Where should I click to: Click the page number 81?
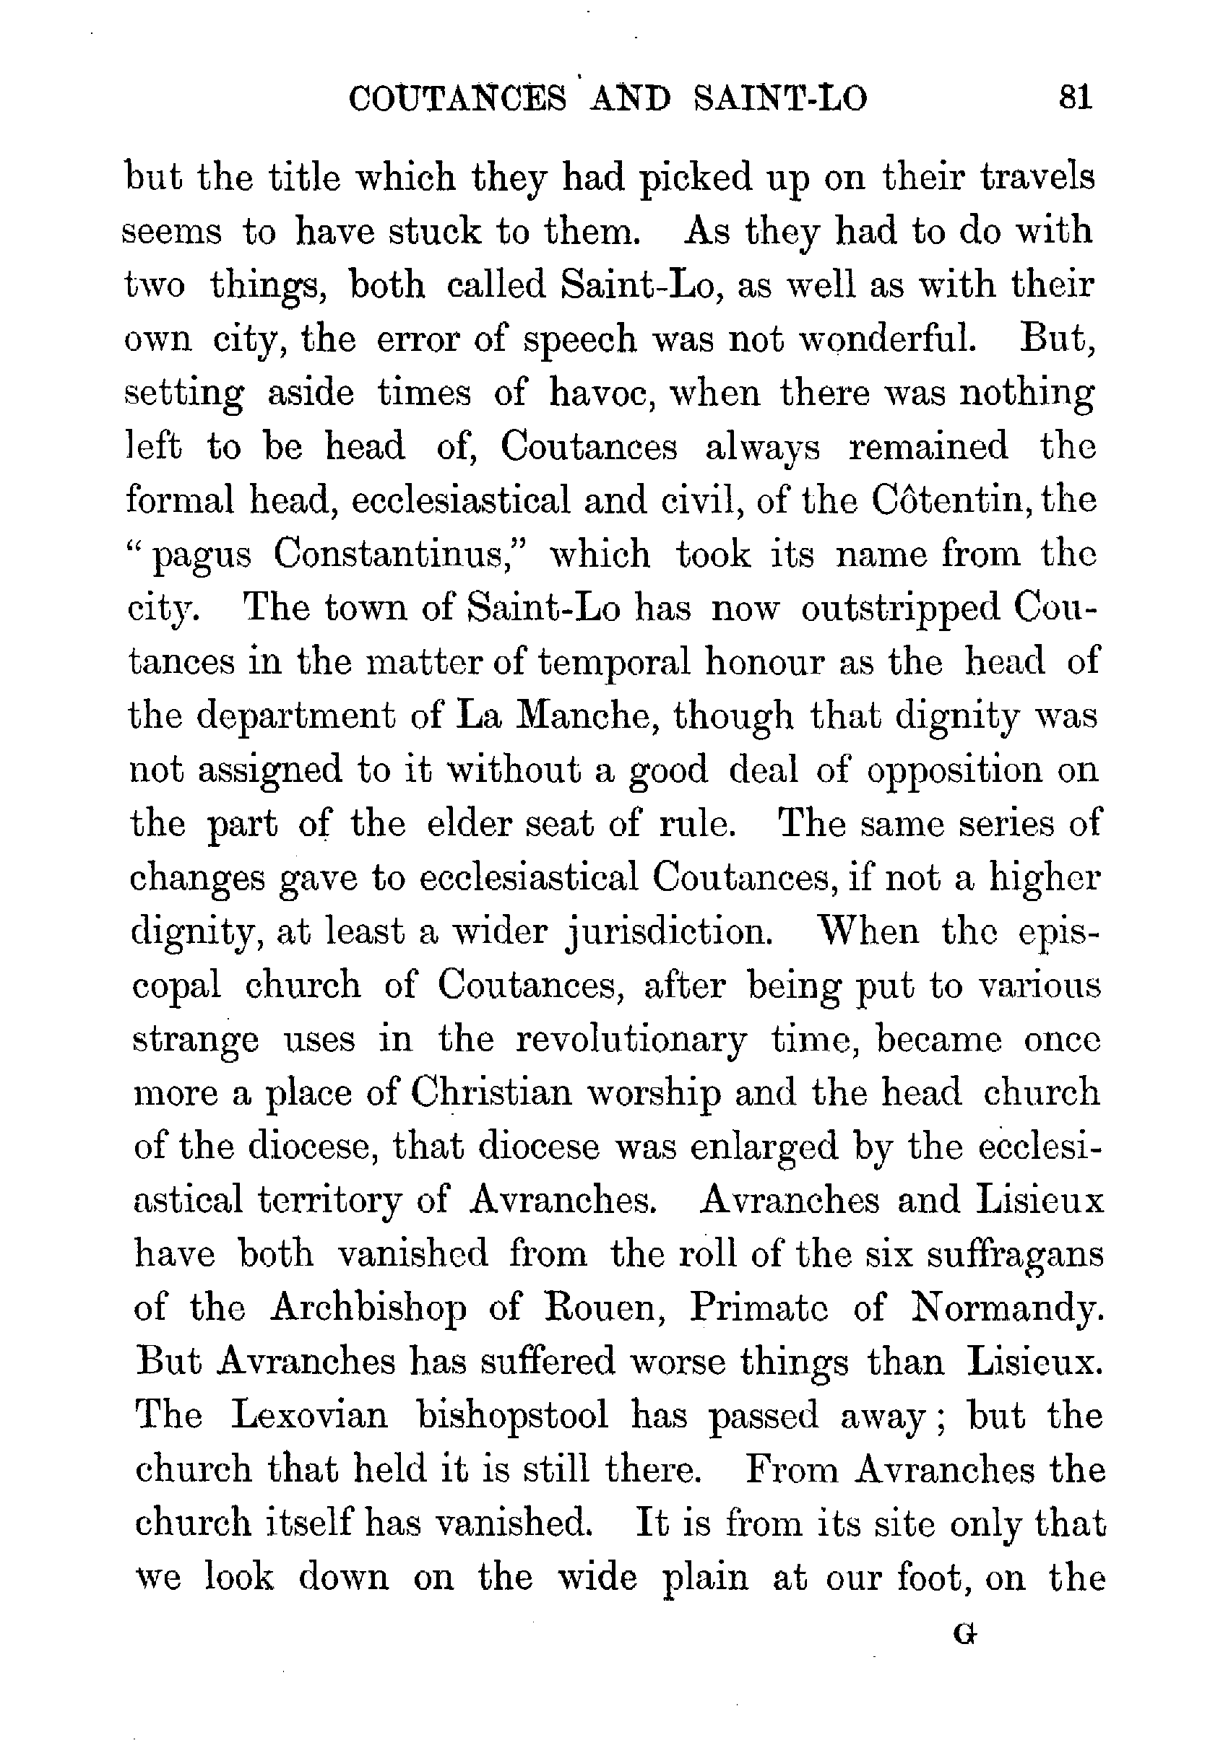pyautogui.click(x=1074, y=99)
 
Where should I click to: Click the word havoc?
pyautogui.click(x=601, y=393)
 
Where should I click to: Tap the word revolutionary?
pyautogui.click(x=630, y=1040)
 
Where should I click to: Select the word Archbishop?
pyautogui.click(x=368, y=1309)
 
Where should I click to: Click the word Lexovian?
pyautogui.click(x=308, y=1417)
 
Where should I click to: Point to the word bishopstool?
pyautogui.click(x=512, y=1417)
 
